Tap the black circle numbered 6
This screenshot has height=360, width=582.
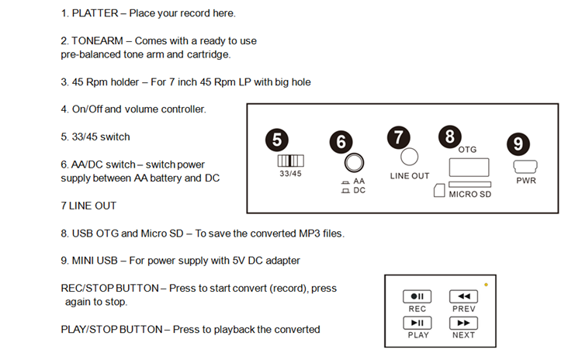(341, 142)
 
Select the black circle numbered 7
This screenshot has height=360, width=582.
(398, 137)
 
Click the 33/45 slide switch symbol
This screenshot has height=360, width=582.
(291, 161)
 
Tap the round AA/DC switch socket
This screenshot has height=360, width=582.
(355, 163)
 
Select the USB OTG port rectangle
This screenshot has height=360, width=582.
(469, 166)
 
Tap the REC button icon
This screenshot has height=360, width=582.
(417, 296)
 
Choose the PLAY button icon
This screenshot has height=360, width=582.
(417, 323)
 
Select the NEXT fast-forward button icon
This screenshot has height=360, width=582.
(463, 323)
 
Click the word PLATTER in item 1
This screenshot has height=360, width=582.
(96, 13)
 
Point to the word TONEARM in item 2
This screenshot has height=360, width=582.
(99, 40)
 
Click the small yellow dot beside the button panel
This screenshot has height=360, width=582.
(486, 285)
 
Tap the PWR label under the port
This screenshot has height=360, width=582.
(526, 181)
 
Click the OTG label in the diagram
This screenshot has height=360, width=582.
(468, 148)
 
